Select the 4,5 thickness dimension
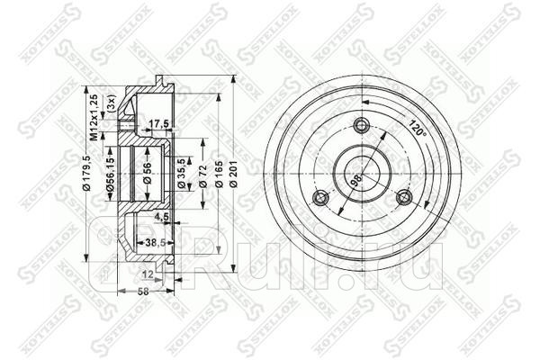(x=163, y=216)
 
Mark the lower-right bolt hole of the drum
(x=404, y=198)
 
